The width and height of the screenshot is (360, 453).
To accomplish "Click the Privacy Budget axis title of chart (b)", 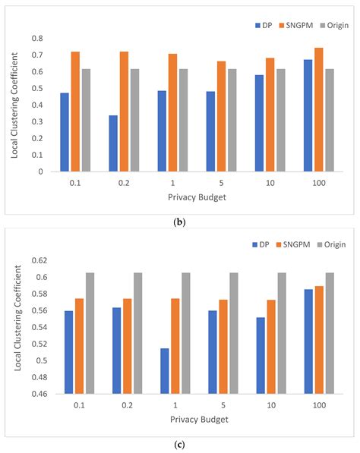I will pos(182,197).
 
